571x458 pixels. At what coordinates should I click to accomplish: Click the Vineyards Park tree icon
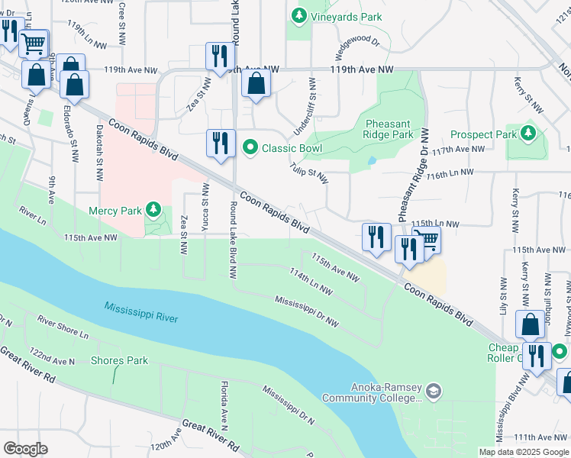(299, 15)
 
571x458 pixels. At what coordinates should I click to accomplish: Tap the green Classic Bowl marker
(249, 147)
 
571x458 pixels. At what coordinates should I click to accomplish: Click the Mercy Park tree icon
(154, 209)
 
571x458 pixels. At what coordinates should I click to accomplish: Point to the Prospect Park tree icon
(528, 134)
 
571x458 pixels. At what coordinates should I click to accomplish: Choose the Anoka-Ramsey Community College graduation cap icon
(434, 392)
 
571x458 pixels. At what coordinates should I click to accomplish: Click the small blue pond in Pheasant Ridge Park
(371, 161)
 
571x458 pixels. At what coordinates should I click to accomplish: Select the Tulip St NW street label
(308, 173)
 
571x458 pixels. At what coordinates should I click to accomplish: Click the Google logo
(25, 449)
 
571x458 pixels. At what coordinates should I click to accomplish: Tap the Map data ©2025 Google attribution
(524, 452)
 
